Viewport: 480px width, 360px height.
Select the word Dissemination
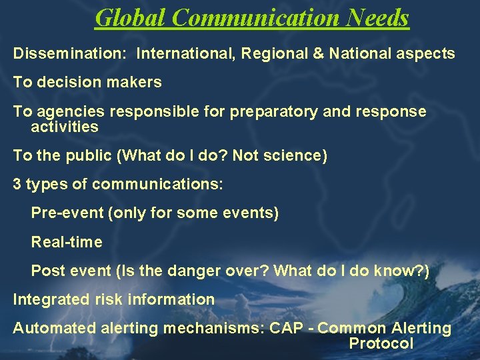pos(62,53)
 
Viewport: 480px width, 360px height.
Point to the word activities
pos(65,127)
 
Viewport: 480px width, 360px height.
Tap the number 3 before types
pos(17,185)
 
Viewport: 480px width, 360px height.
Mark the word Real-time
pos(67,242)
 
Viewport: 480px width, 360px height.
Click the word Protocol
pos(381,343)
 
